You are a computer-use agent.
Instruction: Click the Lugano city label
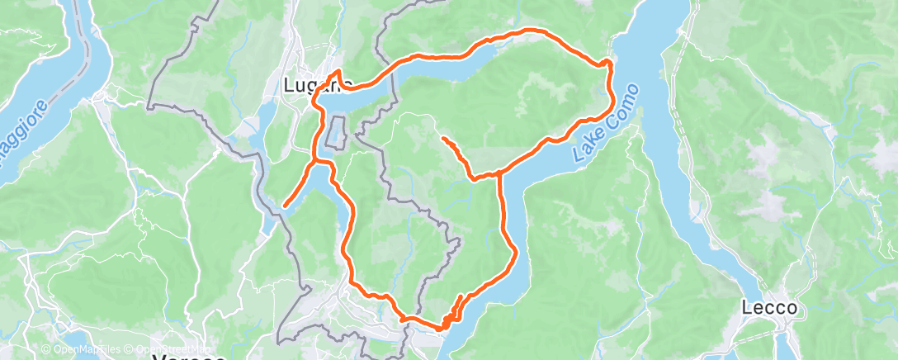pyautogui.click(x=317, y=84)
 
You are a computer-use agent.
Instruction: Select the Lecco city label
pyautogui.click(x=769, y=308)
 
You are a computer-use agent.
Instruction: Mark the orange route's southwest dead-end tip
pyautogui.click(x=285, y=205)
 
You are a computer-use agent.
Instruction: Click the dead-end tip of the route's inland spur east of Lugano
pyautogui.click(x=444, y=138)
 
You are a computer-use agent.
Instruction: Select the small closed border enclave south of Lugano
pyautogui.click(x=335, y=132)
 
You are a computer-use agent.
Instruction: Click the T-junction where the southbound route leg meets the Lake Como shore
pyautogui.click(x=499, y=173)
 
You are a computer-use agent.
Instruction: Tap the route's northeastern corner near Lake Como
pyautogui.click(x=608, y=62)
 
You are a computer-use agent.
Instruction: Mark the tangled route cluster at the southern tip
pyautogui.click(x=450, y=317)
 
